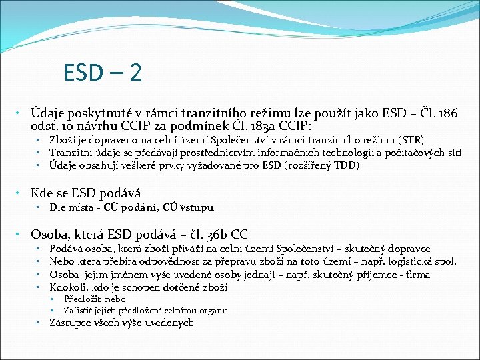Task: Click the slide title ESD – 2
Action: pyautogui.click(x=103, y=72)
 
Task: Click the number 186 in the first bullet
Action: pyautogui.click(x=447, y=114)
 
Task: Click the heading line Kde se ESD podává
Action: pyautogui.click(x=86, y=194)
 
